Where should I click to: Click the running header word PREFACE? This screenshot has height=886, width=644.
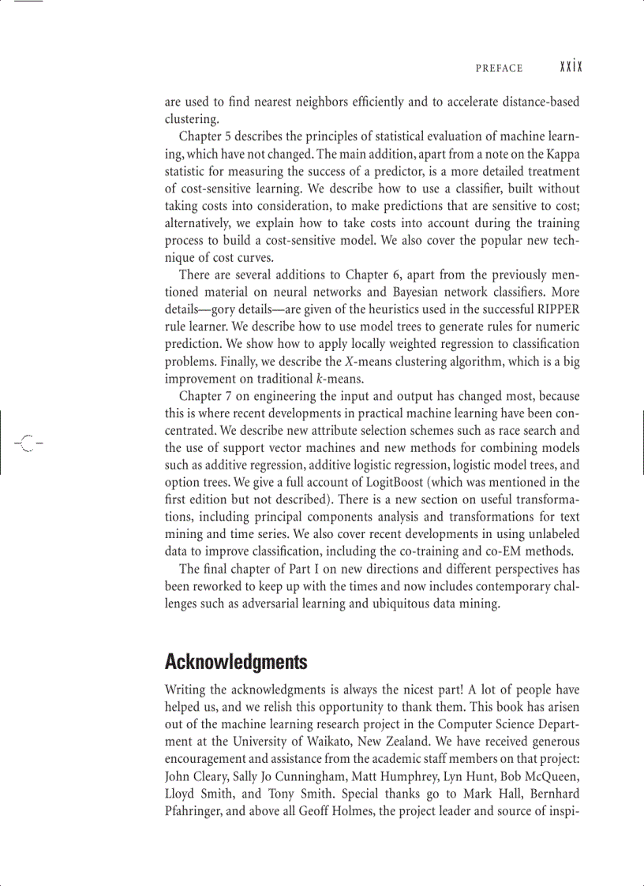[x=499, y=69]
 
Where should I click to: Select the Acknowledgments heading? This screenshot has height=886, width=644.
[x=236, y=661]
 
